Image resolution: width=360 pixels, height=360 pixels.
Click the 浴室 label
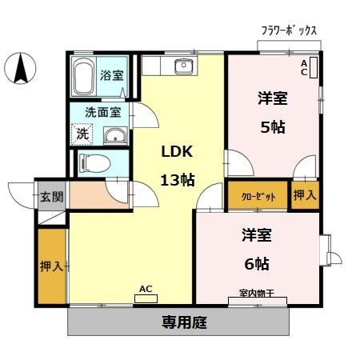111,76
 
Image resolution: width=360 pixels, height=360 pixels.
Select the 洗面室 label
104,114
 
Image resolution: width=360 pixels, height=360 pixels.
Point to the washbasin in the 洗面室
115,134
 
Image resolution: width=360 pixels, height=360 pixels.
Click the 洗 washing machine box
82,134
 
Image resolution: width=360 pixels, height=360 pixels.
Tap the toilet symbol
94,164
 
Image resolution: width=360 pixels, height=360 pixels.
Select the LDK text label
177,151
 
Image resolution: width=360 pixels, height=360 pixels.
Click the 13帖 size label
177,180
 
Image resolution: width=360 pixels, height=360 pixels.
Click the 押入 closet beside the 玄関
52,266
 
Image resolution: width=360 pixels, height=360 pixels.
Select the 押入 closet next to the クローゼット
304,195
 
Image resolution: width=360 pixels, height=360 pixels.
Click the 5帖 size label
272,126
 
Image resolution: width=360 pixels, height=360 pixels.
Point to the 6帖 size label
257,263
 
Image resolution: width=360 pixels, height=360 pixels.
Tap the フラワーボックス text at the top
289,30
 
